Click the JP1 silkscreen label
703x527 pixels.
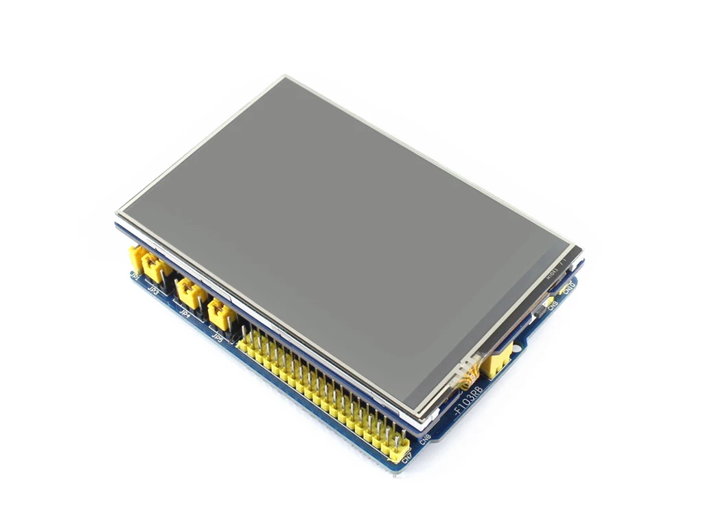pyautogui.click(x=135, y=277)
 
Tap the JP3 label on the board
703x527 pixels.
pyautogui.click(x=155, y=292)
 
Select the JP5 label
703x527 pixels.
pyautogui.click(x=218, y=336)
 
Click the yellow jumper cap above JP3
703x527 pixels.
pyautogui.click(x=157, y=269)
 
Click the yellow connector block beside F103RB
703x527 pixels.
pyautogui.click(x=496, y=360)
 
